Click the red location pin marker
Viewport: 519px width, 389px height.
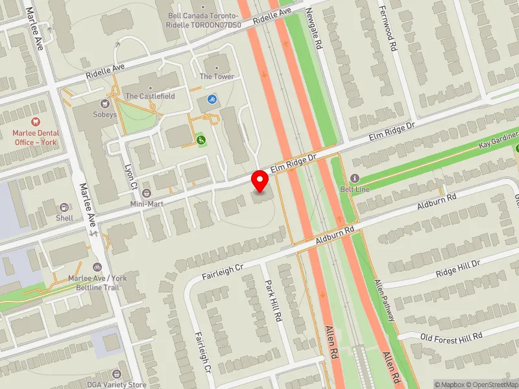(261, 181)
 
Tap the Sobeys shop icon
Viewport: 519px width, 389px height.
(103, 104)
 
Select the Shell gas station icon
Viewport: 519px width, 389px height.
(64, 207)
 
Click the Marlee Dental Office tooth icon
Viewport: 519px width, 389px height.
(36, 121)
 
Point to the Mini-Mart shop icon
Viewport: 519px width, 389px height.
(147, 193)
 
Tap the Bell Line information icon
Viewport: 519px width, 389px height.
(354, 178)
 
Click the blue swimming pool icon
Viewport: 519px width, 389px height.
(211, 99)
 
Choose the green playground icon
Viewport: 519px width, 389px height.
(201, 139)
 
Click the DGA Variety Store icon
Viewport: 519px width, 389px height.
(117, 374)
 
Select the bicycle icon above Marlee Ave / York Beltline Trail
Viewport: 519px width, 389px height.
(97, 267)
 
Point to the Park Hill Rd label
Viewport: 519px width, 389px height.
(274, 301)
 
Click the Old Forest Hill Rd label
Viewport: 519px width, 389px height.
(452, 336)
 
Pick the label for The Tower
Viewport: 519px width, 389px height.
(217, 77)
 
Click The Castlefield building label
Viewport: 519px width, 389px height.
(151, 96)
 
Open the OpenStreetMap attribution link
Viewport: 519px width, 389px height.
(494, 384)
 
